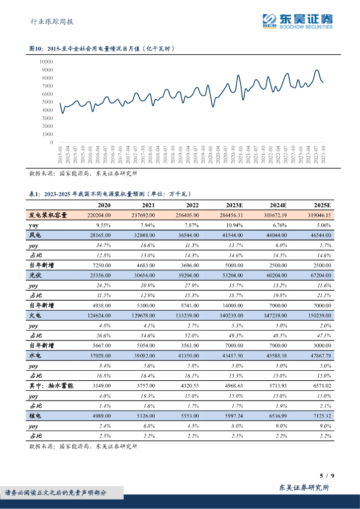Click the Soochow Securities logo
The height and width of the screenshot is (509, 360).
coord(297,21)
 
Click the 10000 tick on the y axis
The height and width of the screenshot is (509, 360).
coord(46,62)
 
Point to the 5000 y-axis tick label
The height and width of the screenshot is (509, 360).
coord(47,102)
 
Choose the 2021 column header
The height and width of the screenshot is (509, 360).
coord(148,205)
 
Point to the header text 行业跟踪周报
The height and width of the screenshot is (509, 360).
coord(52,21)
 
